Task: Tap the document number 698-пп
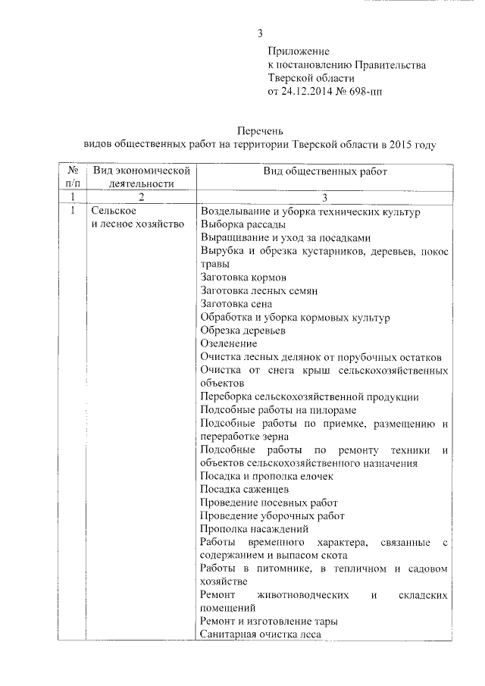pos(366,92)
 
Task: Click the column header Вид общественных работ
pos(325,172)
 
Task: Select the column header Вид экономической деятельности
pos(136,177)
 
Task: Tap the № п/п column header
pos(74,177)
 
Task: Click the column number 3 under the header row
pos(324,197)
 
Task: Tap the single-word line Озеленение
pos(229,343)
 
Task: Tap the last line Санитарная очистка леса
pos(261,634)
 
